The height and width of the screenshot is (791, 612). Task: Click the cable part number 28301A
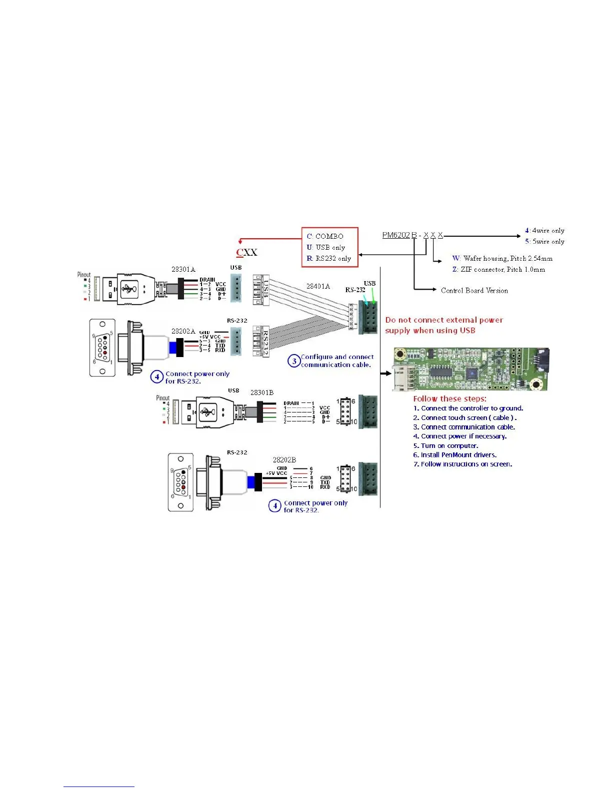(x=183, y=269)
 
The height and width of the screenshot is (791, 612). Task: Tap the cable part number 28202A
(x=183, y=331)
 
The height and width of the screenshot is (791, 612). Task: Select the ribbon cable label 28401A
(x=318, y=286)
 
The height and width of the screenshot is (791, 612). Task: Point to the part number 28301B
(x=261, y=393)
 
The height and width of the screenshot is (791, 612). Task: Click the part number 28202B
(x=284, y=459)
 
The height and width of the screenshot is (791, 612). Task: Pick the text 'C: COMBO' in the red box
(x=325, y=236)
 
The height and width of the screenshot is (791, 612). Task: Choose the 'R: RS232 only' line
(x=329, y=258)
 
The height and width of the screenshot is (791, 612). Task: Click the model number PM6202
(x=396, y=235)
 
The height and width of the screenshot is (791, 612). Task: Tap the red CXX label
(x=246, y=252)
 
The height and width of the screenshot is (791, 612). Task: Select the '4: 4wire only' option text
(x=544, y=231)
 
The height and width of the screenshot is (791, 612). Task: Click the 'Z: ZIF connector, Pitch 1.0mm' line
(x=498, y=269)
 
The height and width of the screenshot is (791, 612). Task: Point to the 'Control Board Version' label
(x=474, y=290)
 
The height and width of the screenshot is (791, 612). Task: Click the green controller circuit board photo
(x=470, y=369)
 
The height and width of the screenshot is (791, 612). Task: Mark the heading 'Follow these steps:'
(x=449, y=398)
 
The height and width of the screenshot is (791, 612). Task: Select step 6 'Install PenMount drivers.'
(x=454, y=455)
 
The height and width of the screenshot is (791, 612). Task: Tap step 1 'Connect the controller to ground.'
(x=468, y=408)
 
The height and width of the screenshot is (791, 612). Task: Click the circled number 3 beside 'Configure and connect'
(x=294, y=361)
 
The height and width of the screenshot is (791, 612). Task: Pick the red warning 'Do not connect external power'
(x=444, y=320)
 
